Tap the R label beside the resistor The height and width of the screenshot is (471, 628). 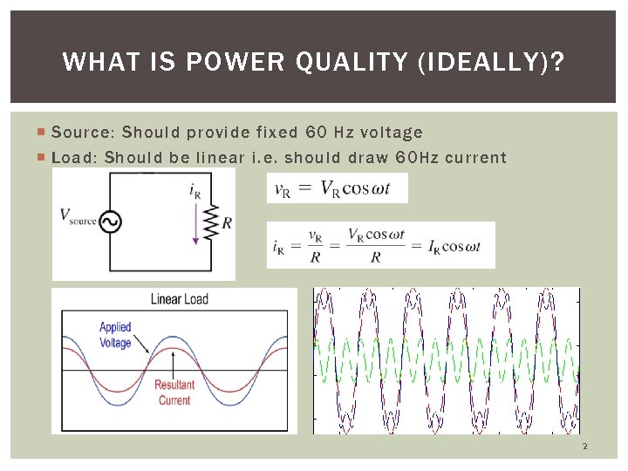[x=227, y=223]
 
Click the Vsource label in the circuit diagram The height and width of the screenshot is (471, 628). [x=78, y=215]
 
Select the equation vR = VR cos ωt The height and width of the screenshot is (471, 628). [x=337, y=188]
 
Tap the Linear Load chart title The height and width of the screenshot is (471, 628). [x=180, y=299]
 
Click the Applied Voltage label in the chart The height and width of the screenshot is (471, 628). [x=115, y=335]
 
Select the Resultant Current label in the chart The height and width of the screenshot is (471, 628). [x=174, y=392]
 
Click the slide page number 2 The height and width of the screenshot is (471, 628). [x=584, y=447]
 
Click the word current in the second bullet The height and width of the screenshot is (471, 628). [x=476, y=158]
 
